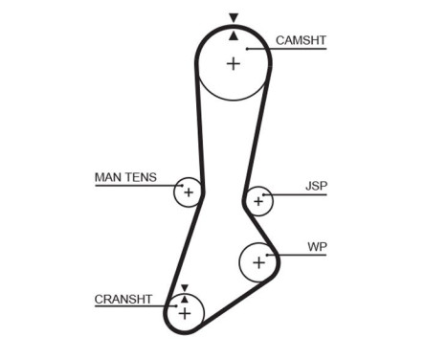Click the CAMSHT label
tap(302, 40)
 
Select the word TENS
tap(141, 177)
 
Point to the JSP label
tap(315, 186)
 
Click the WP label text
tap(317, 246)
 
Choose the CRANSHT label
tap(123, 299)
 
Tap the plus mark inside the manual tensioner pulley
tap(189, 193)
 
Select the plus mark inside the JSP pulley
tap(257, 201)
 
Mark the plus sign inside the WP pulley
tap(257, 260)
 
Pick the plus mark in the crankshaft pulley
tap(185, 312)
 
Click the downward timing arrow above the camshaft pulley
tap(233, 18)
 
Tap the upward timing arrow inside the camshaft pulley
tap(233, 35)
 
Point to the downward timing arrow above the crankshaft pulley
tap(184, 286)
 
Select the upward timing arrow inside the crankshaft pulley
tap(184, 298)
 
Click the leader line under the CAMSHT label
tap(287, 49)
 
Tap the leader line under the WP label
tap(302, 255)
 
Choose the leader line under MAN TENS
tap(134, 185)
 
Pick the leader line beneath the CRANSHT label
tap(134, 307)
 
